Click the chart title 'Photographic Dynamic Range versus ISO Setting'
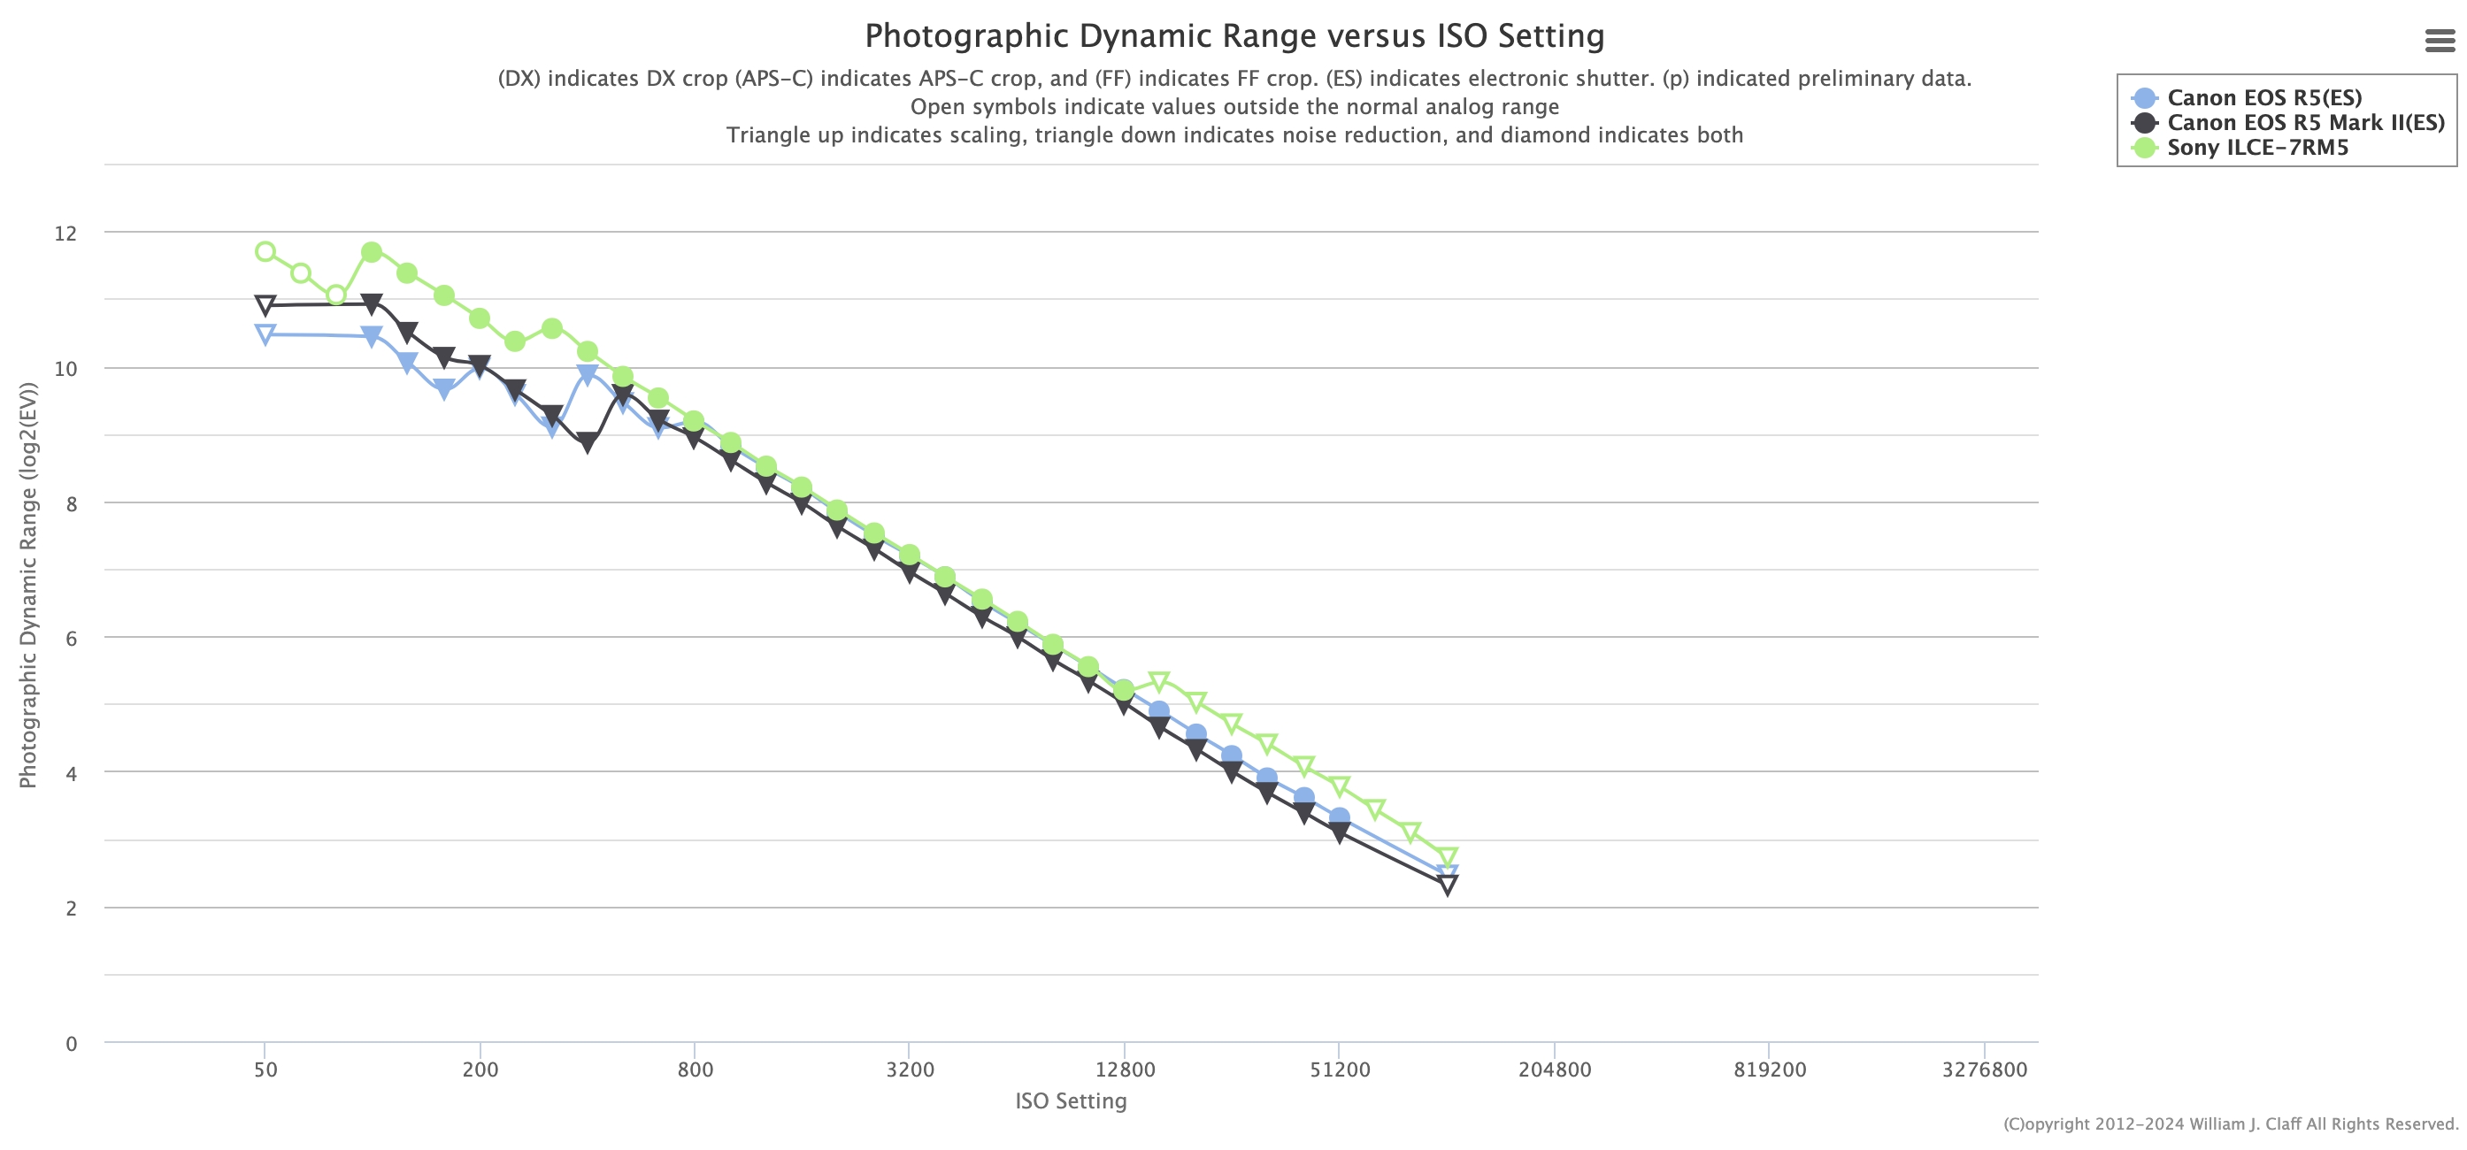click(1233, 36)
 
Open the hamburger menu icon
click(2440, 40)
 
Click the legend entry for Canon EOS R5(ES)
click(2264, 97)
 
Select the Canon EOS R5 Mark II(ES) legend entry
click(2305, 123)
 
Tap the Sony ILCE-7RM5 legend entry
click(2257, 148)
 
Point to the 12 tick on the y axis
click(65, 234)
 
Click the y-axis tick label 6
click(71, 639)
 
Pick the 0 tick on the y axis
click(71, 1044)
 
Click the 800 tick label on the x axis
click(695, 1069)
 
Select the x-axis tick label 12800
click(1125, 1069)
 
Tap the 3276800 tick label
click(1983, 1069)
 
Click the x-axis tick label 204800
click(1553, 1069)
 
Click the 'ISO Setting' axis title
click(1071, 1101)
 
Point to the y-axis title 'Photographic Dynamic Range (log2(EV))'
click(27, 585)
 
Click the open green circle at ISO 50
click(265, 252)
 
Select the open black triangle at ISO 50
click(265, 305)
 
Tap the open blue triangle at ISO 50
click(265, 334)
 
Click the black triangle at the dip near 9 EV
click(587, 442)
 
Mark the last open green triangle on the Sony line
click(1447, 858)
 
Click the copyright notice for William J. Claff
click(2231, 1124)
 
